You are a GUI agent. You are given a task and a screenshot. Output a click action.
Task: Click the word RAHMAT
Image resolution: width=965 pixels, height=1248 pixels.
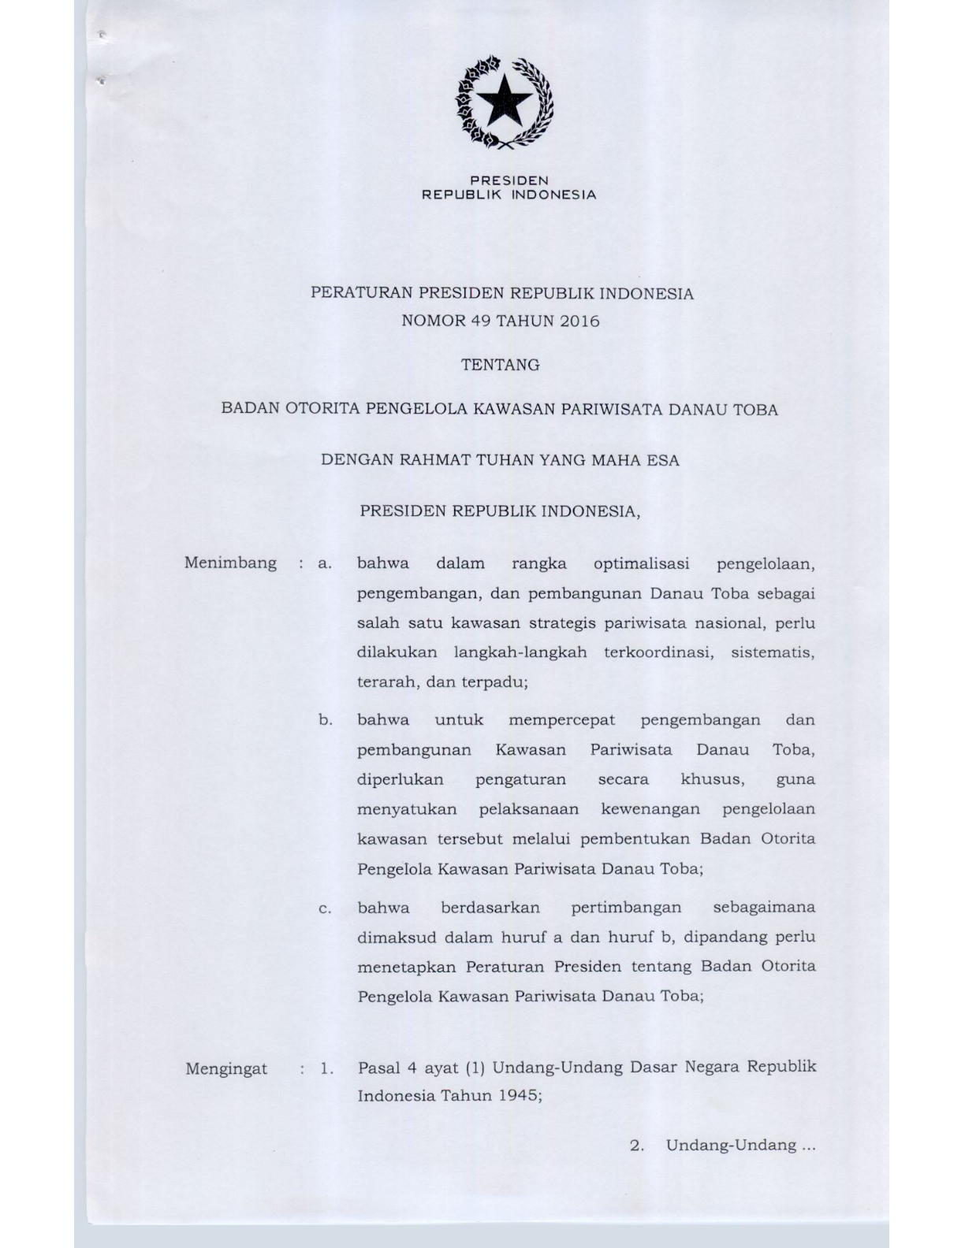click(x=431, y=460)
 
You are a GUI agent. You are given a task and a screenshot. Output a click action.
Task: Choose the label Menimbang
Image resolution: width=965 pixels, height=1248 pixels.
click(x=230, y=563)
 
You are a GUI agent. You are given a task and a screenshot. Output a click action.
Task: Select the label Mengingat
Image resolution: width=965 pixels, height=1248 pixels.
click(x=226, y=1069)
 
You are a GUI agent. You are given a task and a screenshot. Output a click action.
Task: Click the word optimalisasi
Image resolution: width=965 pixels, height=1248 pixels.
click(x=641, y=563)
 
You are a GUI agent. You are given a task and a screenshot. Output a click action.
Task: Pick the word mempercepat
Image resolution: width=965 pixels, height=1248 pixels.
click(x=561, y=720)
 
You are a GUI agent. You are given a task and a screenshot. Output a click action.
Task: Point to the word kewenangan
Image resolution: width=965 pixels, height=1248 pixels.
click(x=650, y=809)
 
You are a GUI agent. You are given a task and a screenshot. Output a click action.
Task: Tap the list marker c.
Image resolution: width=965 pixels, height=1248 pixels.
click(x=324, y=908)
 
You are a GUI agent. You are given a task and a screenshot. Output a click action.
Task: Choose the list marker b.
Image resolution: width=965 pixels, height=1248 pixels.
click(x=324, y=720)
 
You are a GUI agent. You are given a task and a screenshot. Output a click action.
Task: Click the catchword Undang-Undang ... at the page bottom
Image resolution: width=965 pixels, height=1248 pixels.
click(x=740, y=1145)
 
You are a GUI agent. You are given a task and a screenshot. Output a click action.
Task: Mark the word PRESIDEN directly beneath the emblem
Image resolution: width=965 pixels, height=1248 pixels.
click(x=509, y=180)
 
